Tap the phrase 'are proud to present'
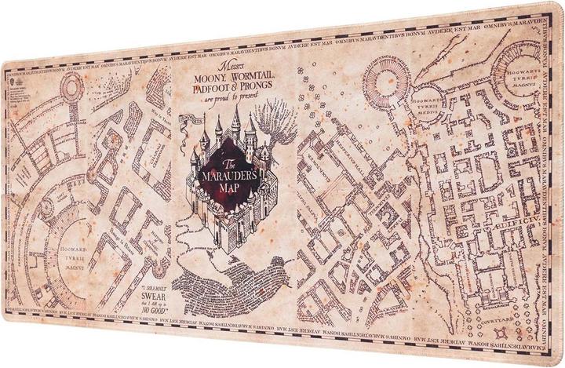coord(231,100)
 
